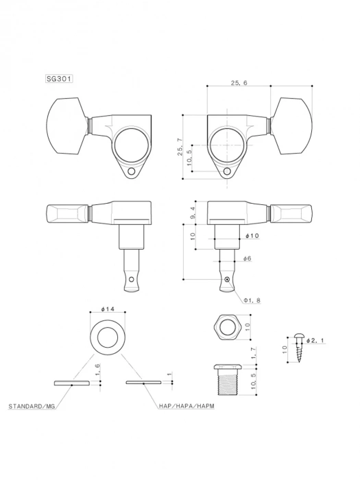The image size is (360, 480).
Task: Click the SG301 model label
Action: point(60,80)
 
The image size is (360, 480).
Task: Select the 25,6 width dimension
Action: point(239,82)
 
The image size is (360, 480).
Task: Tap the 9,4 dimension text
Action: point(193,214)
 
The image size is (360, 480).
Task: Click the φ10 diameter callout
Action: point(251,236)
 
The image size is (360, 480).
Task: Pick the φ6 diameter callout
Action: point(247,259)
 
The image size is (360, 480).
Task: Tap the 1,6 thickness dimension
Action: point(98,368)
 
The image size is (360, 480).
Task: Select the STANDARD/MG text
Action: point(32,407)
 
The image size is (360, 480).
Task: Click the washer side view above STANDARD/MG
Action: point(72,383)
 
